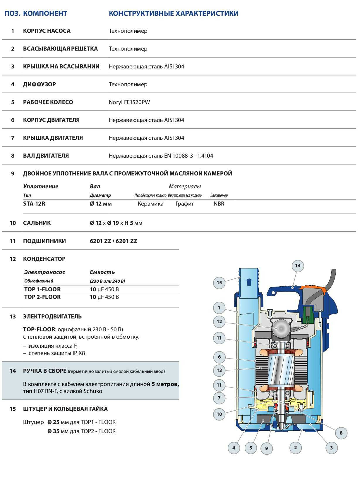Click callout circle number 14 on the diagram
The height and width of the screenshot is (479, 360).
(x=298, y=266)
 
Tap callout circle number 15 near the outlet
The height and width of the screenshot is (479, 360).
(x=219, y=283)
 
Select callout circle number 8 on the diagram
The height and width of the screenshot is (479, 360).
(x=341, y=433)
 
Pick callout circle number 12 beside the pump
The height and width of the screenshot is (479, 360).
(x=219, y=322)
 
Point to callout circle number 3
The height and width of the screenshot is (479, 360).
(x=331, y=448)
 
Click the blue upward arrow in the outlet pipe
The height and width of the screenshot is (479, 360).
(x=249, y=282)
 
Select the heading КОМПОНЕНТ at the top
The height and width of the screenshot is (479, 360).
(x=45, y=13)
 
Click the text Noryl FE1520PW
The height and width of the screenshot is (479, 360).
(x=129, y=102)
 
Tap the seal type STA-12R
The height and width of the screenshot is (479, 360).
(x=34, y=204)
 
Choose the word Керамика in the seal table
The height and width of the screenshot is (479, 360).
(x=150, y=204)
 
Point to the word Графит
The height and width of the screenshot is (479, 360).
(x=185, y=204)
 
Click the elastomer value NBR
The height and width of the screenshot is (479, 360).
(x=219, y=204)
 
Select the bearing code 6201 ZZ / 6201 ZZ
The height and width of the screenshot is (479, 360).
(x=113, y=241)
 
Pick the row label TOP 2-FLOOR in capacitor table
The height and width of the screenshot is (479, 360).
(x=42, y=297)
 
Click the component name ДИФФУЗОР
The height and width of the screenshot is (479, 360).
(x=40, y=85)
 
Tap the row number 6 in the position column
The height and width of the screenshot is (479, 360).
(x=13, y=120)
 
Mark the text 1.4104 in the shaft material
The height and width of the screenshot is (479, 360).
(x=205, y=156)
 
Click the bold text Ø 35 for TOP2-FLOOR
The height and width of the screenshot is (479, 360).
(x=54, y=431)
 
